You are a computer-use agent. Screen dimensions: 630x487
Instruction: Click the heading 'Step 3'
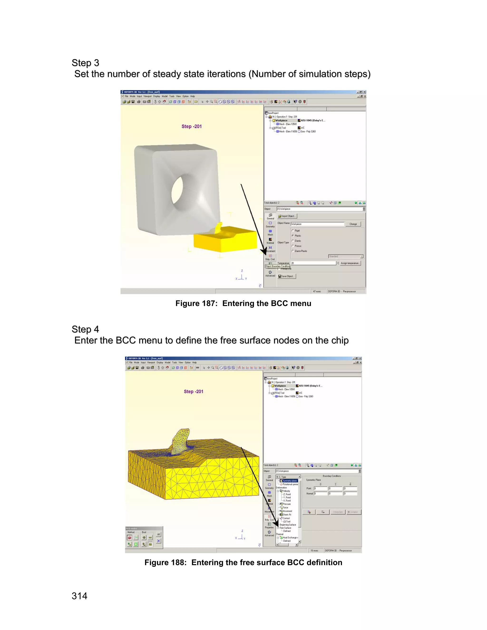pos(85,63)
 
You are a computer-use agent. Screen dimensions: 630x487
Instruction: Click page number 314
pos(79,596)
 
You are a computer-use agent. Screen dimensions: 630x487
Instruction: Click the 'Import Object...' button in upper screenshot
pos(287,216)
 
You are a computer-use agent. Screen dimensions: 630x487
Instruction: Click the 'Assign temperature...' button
pos(350,263)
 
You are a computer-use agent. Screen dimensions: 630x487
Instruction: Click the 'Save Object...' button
pos(287,276)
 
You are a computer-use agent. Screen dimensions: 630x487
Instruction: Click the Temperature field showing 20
pos(313,263)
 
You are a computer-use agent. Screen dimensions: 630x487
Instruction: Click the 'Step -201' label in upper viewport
pos(192,126)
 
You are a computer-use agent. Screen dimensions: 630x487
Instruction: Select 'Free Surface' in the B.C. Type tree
pos(285,528)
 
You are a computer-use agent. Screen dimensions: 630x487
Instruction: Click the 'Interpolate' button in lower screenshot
pos(338,512)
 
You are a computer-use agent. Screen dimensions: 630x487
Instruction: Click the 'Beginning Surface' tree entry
pos(288,525)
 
